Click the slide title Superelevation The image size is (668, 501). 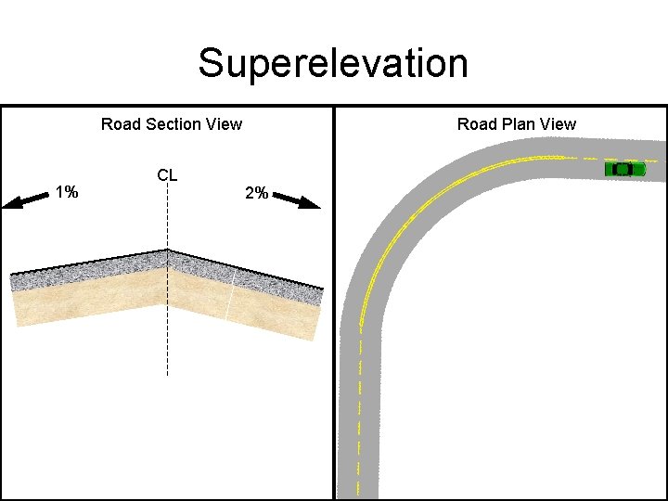click(333, 64)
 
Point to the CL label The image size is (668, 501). click(168, 174)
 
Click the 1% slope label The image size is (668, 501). click(66, 193)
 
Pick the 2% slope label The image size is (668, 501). click(256, 193)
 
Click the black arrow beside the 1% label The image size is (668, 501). click(25, 199)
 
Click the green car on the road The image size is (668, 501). click(624, 169)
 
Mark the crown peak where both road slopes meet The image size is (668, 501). click(167, 250)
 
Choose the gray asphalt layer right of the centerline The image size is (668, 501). click(246, 276)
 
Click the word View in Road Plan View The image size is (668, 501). click(558, 124)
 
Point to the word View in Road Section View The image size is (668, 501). click(223, 124)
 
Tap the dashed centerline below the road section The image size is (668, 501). click(167, 353)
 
